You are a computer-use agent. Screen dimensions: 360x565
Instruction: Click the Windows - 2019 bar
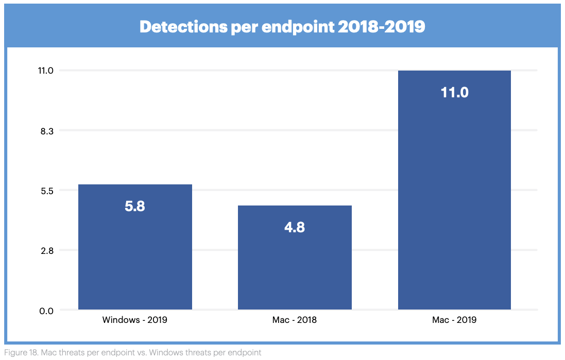click(135, 247)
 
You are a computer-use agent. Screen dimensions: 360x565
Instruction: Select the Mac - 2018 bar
click(295, 258)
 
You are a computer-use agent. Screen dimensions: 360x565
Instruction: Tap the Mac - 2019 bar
click(454, 191)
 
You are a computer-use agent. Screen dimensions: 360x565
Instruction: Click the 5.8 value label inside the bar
click(135, 206)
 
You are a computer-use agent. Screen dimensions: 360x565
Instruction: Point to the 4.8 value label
click(295, 227)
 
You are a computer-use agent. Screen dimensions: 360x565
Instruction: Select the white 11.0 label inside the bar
click(454, 93)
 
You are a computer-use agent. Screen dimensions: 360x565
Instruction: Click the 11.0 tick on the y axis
click(45, 71)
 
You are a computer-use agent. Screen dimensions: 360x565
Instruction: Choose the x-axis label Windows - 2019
click(135, 320)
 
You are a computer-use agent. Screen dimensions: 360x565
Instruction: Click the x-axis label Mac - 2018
click(295, 320)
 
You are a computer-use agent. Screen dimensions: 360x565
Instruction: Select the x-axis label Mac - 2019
click(454, 320)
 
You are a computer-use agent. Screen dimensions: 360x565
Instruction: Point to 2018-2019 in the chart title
click(382, 27)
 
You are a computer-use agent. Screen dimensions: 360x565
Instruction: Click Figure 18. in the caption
click(18, 353)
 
